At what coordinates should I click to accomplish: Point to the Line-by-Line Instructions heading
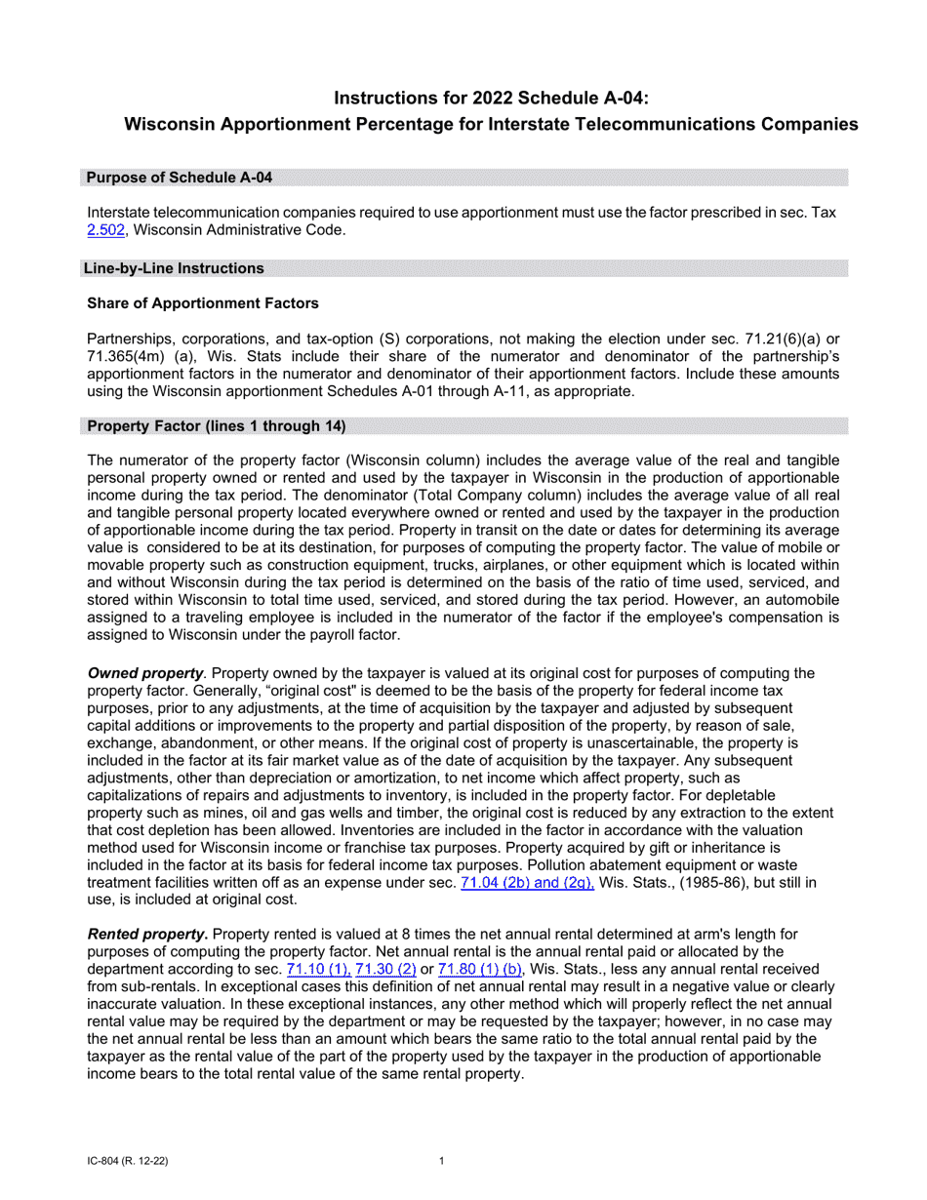coord(174,267)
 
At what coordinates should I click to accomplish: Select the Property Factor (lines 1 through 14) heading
coord(216,424)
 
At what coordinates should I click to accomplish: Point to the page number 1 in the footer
coord(442,1161)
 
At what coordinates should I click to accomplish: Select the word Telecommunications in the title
coord(665,124)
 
